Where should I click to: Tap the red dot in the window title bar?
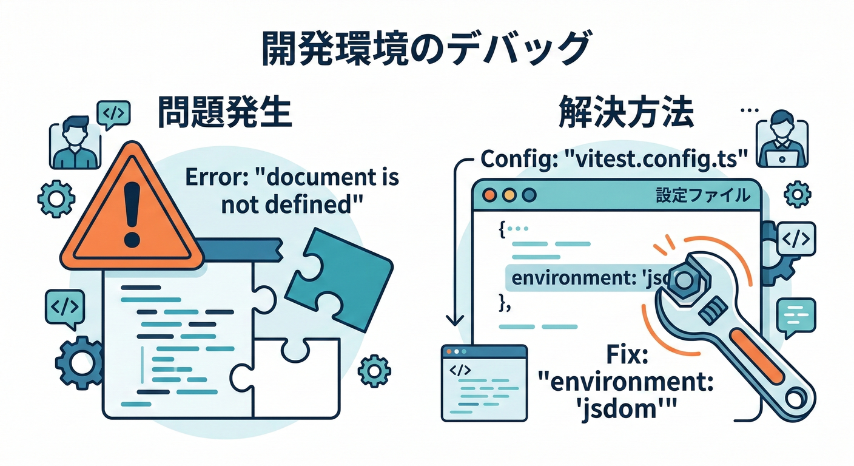pyautogui.click(x=490, y=195)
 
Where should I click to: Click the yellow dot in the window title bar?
pyautogui.click(x=509, y=195)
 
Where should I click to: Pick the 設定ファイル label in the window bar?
pyautogui.click(x=702, y=196)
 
